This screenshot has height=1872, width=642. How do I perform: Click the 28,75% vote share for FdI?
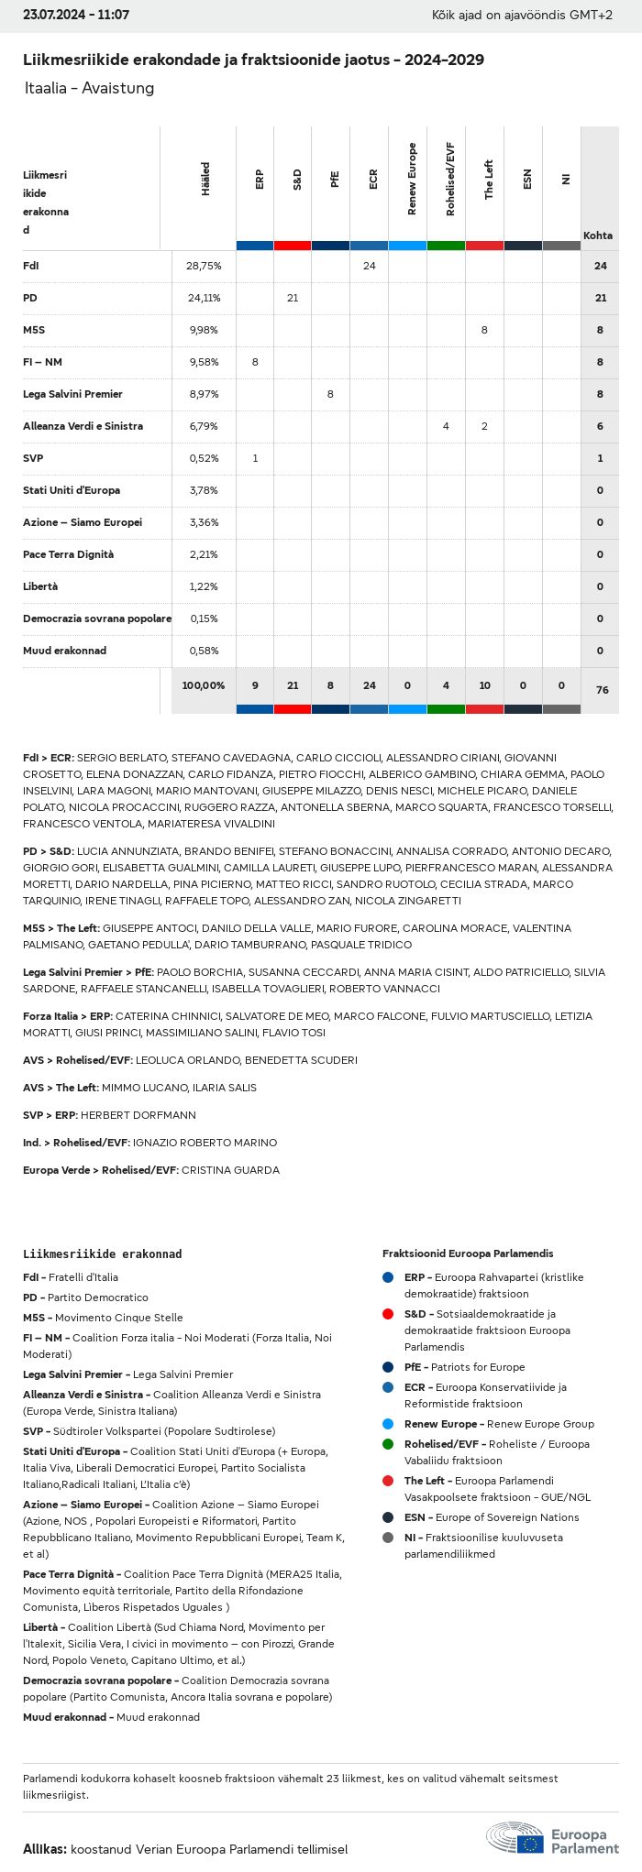(x=204, y=266)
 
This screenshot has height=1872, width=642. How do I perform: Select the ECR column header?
(x=372, y=180)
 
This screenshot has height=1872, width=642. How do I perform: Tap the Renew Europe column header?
(x=411, y=180)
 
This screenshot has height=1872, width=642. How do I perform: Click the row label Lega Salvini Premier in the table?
(x=72, y=394)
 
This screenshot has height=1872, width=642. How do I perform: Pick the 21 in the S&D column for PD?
(x=293, y=298)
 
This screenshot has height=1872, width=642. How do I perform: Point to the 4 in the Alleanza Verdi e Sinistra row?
(x=446, y=426)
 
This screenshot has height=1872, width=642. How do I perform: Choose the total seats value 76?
(x=602, y=690)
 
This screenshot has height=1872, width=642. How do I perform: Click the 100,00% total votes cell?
(x=204, y=685)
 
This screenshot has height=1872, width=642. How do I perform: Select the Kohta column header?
(x=598, y=235)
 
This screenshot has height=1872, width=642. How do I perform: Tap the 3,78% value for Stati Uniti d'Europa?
(x=204, y=490)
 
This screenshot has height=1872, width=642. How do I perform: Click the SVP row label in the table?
(x=33, y=458)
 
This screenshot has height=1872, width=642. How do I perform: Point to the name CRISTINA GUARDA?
(x=230, y=1170)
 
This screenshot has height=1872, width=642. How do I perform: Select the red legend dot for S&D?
(x=388, y=1314)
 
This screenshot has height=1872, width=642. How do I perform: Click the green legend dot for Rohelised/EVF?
(x=388, y=1444)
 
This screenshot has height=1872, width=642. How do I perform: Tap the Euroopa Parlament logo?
(x=552, y=1838)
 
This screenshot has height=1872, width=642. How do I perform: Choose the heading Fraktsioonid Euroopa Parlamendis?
(x=468, y=1253)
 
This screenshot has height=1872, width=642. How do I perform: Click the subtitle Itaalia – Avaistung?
(x=89, y=88)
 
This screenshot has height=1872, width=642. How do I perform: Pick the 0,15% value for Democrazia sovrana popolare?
(x=204, y=619)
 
